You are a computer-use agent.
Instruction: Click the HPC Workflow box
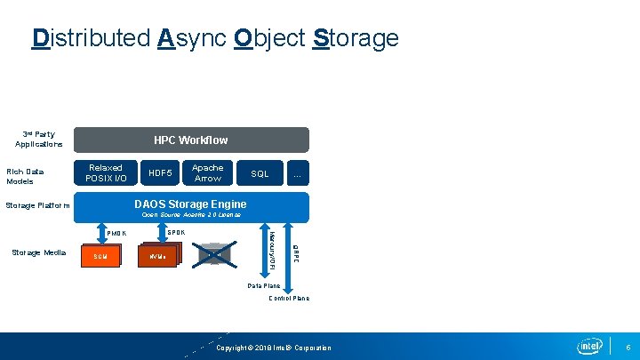(190, 140)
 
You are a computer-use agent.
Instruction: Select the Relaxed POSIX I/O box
(106, 173)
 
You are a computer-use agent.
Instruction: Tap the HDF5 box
(161, 173)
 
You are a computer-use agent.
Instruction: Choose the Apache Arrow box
(208, 173)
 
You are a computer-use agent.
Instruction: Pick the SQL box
(260, 173)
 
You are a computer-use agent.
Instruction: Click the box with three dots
(297, 173)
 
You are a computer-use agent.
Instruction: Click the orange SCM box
(99, 255)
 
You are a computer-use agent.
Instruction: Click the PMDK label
(116, 234)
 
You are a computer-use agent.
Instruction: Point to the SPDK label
(176, 233)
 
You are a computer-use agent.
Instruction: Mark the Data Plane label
(263, 285)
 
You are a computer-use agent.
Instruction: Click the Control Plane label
(289, 299)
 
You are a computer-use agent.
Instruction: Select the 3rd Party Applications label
(38, 140)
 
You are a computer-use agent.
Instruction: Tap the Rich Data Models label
(25, 176)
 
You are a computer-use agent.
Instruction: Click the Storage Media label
(38, 252)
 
